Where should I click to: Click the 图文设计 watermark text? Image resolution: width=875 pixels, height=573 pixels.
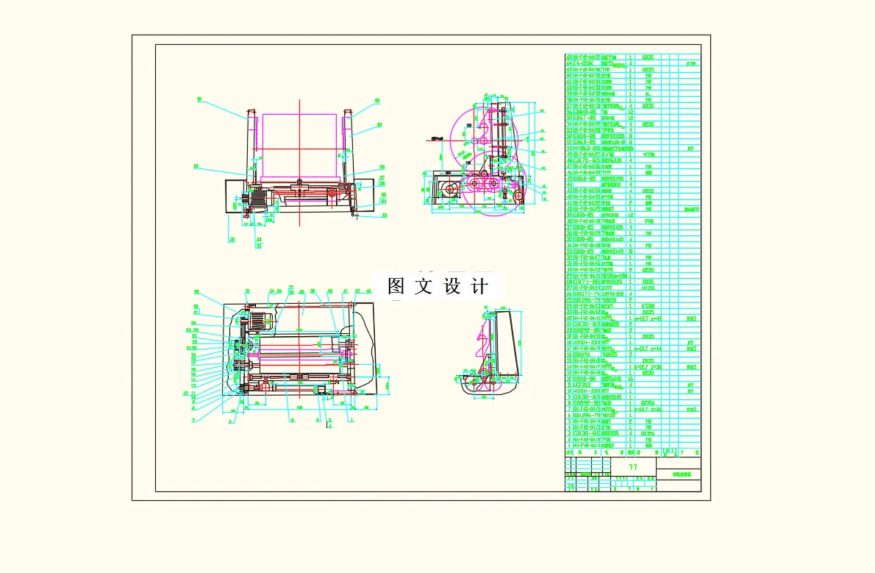[438, 287]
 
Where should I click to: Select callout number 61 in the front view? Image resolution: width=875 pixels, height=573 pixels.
[199, 99]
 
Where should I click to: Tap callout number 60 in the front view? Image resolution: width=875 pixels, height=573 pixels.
[377, 101]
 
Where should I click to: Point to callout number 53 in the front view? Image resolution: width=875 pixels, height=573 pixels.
[385, 216]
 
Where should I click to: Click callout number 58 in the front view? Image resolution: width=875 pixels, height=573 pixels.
[382, 167]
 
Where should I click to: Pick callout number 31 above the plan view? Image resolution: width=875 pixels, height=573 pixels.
[247, 291]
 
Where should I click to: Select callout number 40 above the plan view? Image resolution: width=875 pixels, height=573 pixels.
[329, 291]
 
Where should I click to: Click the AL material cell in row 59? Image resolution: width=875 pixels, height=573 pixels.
[648, 93]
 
